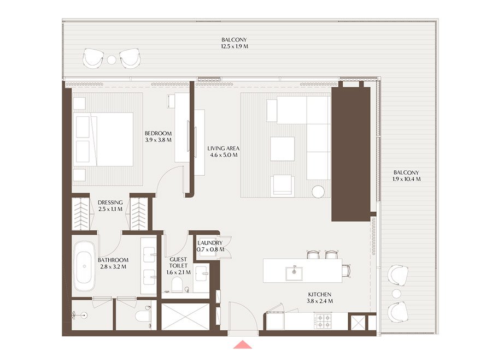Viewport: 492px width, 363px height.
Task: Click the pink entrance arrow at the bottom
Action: click(242, 345)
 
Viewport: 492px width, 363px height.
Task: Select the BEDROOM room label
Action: click(158, 133)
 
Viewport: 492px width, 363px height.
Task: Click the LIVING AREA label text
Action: click(223, 148)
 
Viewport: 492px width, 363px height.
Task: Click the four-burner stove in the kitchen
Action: click(323, 321)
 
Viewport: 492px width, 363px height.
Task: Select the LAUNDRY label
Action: click(210, 243)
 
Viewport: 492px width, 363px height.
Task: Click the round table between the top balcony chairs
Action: click(112, 59)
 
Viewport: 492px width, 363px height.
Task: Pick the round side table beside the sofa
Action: click(319, 191)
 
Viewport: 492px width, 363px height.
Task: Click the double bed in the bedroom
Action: click(104, 139)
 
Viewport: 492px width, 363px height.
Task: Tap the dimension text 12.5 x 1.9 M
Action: click(234, 47)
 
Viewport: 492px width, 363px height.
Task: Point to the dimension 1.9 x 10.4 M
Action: click(406, 179)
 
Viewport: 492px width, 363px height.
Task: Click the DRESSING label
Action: click(110, 203)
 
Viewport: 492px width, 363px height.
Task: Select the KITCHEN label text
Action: click(320, 294)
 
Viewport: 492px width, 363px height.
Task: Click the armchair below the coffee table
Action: click(283, 185)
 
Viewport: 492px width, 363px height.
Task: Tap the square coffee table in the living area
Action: click(283, 148)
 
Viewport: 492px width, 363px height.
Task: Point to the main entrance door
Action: click(239, 317)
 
